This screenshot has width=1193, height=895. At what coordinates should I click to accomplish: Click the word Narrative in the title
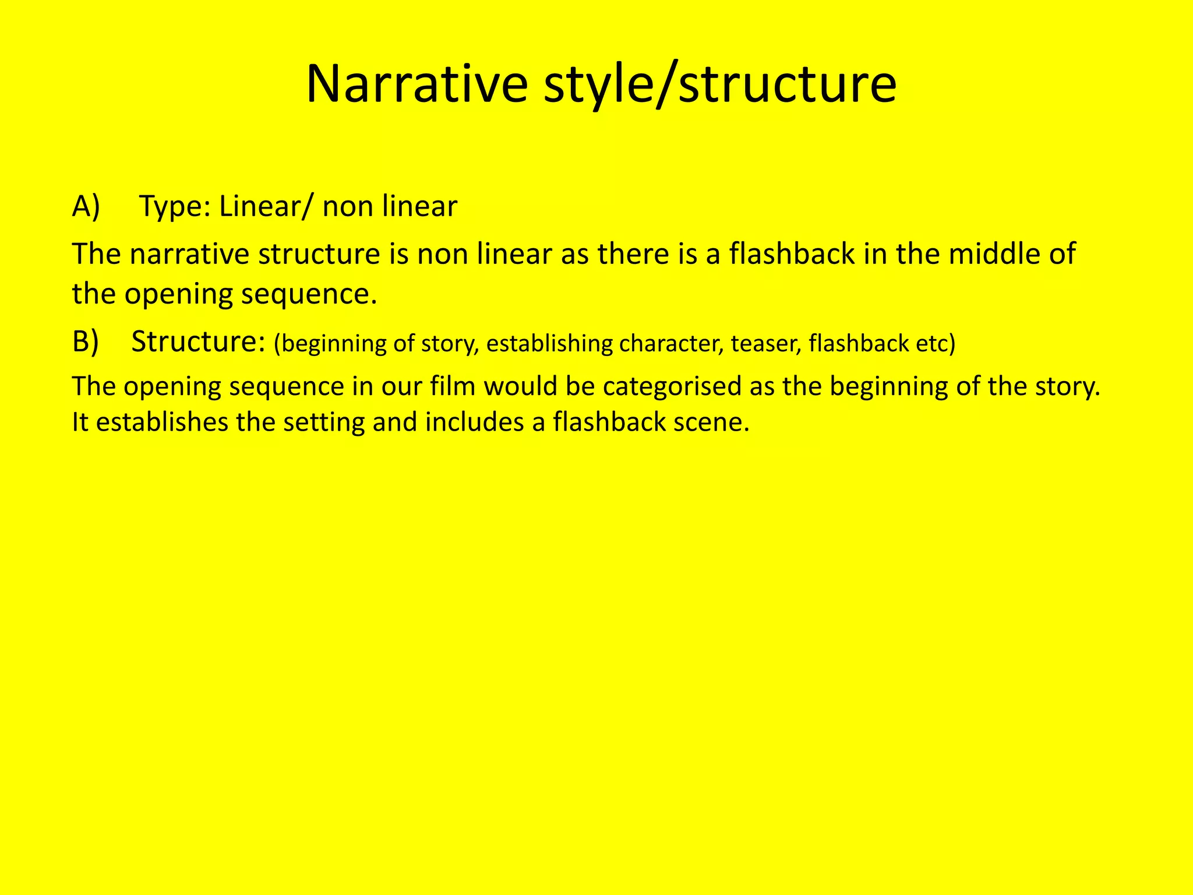pyautogui.click(x=417, y=84)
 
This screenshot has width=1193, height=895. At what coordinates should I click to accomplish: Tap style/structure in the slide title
pyautogui.click(x=720, y=86)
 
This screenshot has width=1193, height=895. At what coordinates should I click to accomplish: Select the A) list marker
pyautogui.click(x=86, y=206)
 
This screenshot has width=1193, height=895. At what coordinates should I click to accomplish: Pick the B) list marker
pyautogui.click(x=86, y=342)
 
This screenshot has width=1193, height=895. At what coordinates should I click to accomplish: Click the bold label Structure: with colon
pyautogui.click(x=199, y=342)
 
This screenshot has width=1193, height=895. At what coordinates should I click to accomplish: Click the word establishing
pyautogui.click(x=549, y=344)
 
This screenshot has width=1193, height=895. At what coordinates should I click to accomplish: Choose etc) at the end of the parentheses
pyautogui.click(x=936, y=344)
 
